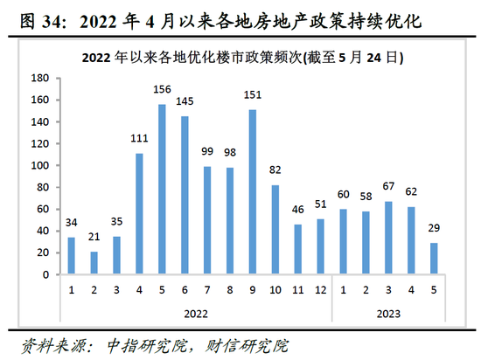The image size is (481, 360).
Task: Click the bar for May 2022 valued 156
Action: point(162,190)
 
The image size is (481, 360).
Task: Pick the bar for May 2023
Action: point(435,259)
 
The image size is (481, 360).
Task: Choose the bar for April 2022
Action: point(139,214)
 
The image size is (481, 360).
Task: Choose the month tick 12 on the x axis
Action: point(321,287)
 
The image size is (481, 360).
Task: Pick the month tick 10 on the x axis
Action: point(275,287)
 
